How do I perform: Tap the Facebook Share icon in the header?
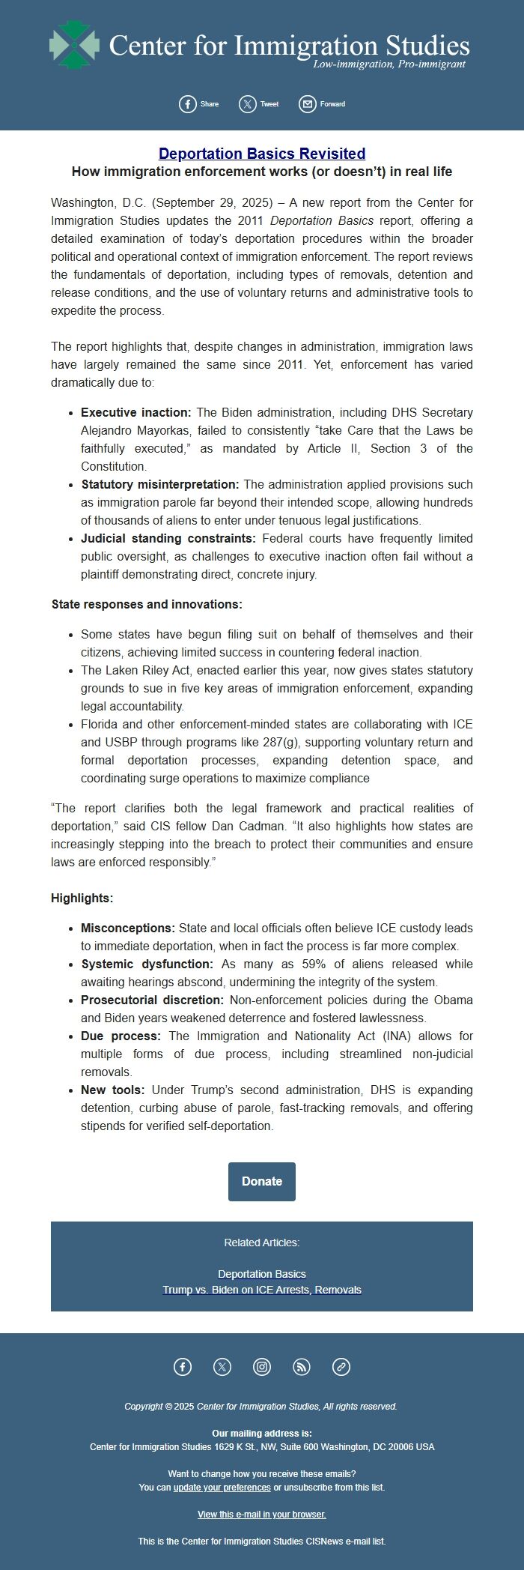(188, 104)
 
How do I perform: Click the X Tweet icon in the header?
(248, 104)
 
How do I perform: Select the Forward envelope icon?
(308, 104)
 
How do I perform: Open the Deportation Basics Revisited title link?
(262, 154)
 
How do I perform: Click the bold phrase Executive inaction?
(136, 413)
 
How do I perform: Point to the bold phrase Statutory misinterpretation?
(160, 485)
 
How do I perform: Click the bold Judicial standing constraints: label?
(168, 539)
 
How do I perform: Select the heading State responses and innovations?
(147, 605)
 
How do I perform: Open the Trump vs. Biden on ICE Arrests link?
(262, 1290)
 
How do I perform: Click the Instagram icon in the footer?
(262, 1367)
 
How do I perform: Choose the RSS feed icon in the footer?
(302, 1367)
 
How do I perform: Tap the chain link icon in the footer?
(341, 1367)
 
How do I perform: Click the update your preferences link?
(222, 1488)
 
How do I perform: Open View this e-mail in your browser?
(262, 1515)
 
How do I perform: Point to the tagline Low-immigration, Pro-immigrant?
(389, 64)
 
